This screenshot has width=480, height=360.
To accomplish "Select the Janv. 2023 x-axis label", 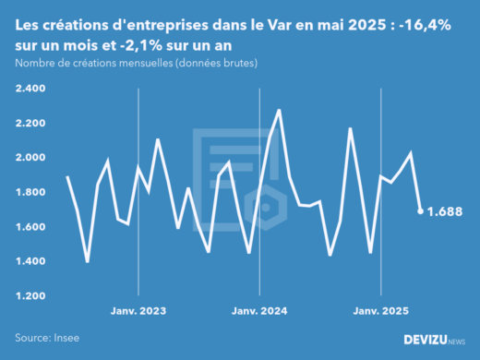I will (138, 312).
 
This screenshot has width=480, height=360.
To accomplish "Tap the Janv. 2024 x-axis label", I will (259, 312).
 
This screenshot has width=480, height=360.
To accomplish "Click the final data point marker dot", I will (421, 211).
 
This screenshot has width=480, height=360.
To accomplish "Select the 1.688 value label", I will (445, 212).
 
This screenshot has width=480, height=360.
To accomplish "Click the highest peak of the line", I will (279, 110).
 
